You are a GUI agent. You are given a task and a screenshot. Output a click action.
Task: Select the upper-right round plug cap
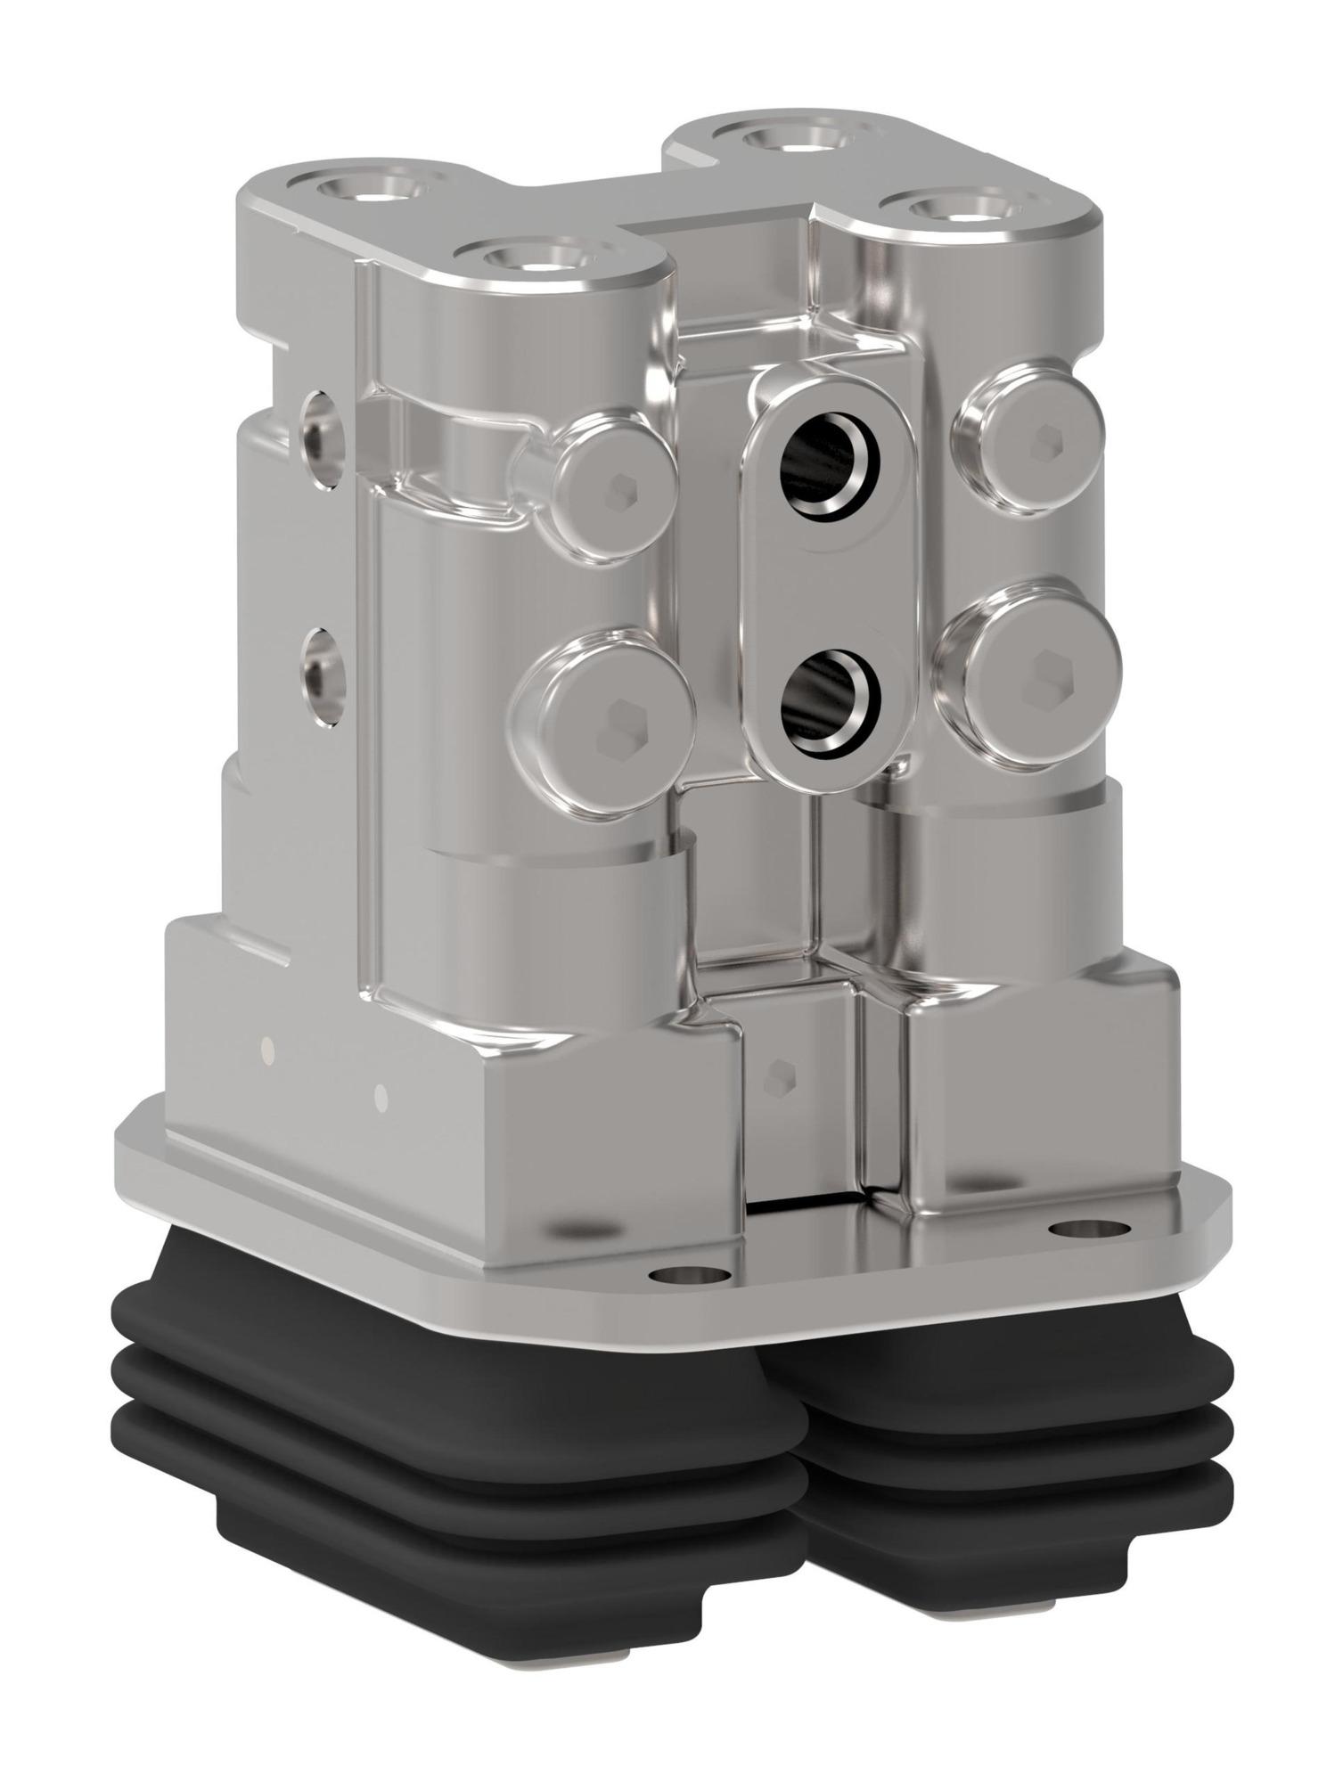point(1031,437)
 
